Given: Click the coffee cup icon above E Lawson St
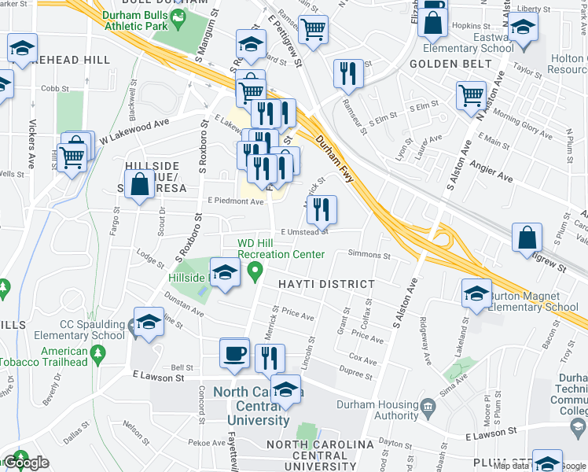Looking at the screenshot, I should (x=235, y=352).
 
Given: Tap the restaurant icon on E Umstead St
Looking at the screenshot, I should (x=322, y=209).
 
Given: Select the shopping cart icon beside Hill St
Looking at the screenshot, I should (x=72, y=156).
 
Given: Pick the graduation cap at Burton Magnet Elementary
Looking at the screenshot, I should (x=476, y=293).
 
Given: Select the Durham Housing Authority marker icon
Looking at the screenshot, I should (x=428, y=407).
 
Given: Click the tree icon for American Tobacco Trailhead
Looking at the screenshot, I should (x=97, y=357).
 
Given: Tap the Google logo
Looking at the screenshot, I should (x=28, y=463).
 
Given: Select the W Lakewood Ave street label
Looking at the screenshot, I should (x=134, y=130).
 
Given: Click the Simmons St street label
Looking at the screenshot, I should (x=369, y=256).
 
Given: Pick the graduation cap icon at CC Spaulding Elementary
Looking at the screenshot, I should (x=148, y=323).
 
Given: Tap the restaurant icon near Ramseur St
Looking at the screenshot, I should (x=346, y=73).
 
